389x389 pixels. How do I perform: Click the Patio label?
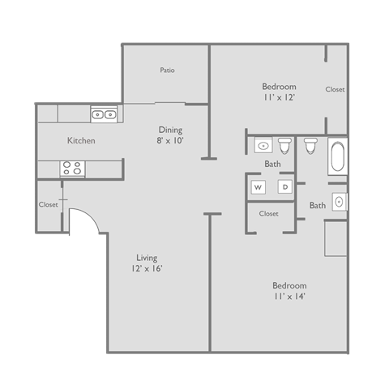point(167,71)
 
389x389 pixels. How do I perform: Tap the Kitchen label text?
point(81,141)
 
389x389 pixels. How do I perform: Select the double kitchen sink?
point(103,114)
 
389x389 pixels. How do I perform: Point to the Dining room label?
point(170,130)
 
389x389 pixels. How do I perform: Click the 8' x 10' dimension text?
point(170,140)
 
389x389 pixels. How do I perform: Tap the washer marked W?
point(259,187)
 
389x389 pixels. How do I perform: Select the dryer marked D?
point(284,187)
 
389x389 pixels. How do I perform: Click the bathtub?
point(337,157)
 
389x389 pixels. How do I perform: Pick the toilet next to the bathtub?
point(310,146)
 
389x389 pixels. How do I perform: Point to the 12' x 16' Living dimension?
point(147,268)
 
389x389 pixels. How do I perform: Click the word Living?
point(147,258)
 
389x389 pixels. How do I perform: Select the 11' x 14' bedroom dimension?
point(289,296)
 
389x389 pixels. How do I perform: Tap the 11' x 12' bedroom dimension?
point(278,97)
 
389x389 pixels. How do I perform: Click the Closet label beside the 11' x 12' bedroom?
point(335,90)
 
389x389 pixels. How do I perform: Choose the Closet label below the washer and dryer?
point(269,214)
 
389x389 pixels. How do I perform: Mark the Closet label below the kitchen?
point(49,205)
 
